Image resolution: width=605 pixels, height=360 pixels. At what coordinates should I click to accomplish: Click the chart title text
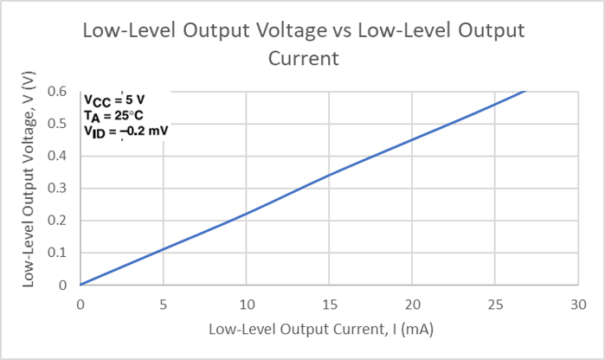point(303,44)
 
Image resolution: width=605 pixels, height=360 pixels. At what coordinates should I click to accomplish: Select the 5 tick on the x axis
point(163,305)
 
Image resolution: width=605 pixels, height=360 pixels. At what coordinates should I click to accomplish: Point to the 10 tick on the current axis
point(246,305)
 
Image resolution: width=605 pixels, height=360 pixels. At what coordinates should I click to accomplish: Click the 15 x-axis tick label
point(329,305)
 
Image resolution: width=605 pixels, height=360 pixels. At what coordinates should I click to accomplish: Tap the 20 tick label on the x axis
point(413,305)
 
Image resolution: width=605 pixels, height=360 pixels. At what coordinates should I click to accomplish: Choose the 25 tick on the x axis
point(496,305)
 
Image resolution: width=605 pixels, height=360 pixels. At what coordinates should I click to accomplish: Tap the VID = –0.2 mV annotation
point(126,132)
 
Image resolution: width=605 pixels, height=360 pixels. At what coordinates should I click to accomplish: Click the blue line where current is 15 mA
point(330,175)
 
